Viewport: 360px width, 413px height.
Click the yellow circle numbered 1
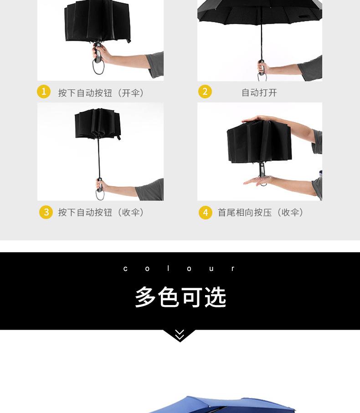click(44, 92)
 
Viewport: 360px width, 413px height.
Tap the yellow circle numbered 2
click(205, 92)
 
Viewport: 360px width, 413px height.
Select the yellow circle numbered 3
click(46, 212)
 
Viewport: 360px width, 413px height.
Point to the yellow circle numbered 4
click(206, 212)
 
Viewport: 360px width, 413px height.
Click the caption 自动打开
click(259, 92)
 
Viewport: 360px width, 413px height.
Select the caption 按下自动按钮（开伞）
click(101, 92)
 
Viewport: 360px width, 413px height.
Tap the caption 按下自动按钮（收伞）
click(101, 212)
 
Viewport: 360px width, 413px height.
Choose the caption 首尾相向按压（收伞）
click(261, 212)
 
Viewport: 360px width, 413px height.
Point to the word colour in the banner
click(180, 269)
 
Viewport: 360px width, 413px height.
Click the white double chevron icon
click(180, 335)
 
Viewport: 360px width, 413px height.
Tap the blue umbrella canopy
click(219, 405)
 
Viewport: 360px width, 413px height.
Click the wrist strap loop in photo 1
click(98, 67)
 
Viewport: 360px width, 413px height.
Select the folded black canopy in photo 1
click(98, 20)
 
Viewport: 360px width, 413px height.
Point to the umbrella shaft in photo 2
click(261, 36)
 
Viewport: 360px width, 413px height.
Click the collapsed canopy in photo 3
click(98, 124)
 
